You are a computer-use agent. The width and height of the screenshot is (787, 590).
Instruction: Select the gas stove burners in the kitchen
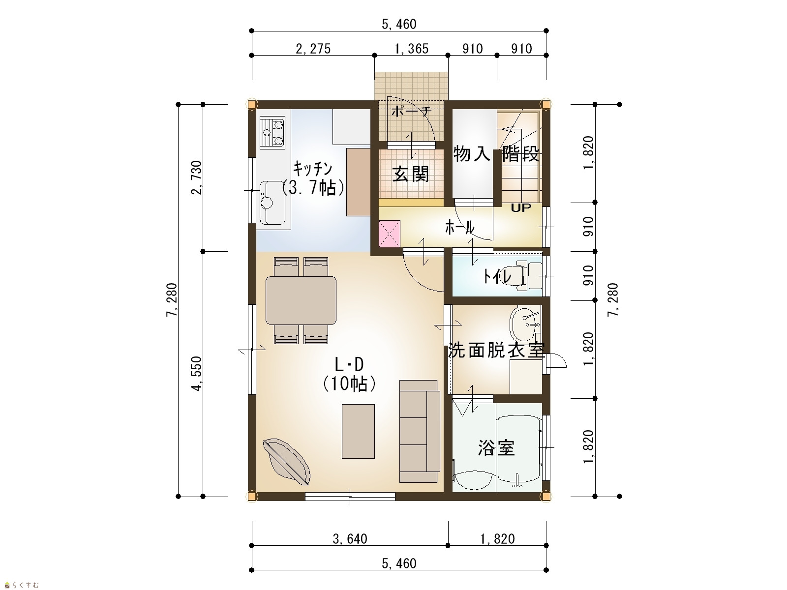[x=272, y=133]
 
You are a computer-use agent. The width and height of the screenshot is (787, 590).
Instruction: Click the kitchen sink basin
[x=272, y=203]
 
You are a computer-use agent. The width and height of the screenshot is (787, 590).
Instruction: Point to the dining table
[x=301, y=300]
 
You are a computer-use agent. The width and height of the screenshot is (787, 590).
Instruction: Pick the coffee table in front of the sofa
[x=358, y=431]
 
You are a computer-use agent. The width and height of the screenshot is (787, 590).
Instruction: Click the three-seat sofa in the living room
[x=420, y=431]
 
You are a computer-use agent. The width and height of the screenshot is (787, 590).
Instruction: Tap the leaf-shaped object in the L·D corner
[x=286, y=462]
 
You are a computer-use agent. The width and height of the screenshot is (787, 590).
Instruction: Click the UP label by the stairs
[x=521, y=208]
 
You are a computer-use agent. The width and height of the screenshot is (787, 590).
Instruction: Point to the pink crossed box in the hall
[x=390, y=234]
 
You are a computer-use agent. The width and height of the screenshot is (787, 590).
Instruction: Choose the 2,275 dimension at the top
[x=313, y=49]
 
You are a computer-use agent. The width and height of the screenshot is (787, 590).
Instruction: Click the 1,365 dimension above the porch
[x=411, y=49]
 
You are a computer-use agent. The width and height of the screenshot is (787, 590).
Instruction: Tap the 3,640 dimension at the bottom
[x=350, y=538]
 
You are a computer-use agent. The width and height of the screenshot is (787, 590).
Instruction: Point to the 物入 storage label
[x=472, y=154]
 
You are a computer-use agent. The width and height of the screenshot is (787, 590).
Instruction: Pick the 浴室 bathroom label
[x=497, y=448]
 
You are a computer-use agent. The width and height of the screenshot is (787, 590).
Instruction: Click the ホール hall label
[x=460, y=227]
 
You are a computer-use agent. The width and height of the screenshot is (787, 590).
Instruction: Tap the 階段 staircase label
[x=520, y=154]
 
